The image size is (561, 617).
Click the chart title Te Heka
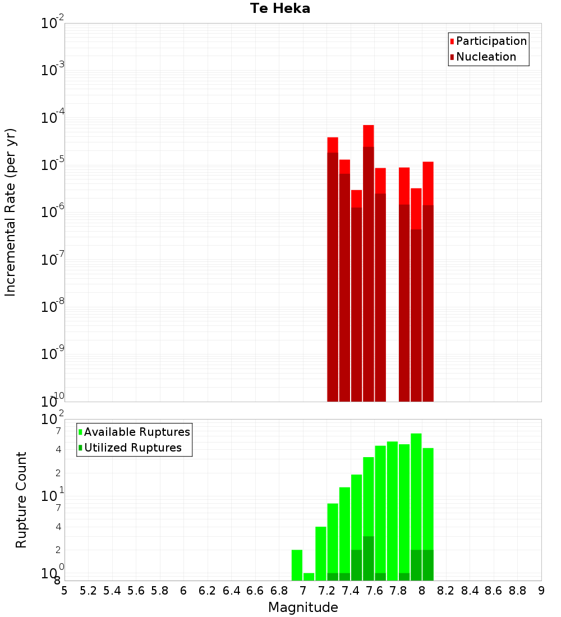280,8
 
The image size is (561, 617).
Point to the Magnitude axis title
303,607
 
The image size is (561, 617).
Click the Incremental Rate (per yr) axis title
10,212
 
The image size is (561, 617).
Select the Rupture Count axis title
21,500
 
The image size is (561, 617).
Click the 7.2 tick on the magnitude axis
327,591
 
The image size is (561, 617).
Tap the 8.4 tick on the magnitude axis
470,591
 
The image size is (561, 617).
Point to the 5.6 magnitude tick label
136,591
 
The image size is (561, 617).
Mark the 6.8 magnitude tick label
279,591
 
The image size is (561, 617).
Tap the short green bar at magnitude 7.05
309,577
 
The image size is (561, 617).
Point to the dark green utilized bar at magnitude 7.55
369,558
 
